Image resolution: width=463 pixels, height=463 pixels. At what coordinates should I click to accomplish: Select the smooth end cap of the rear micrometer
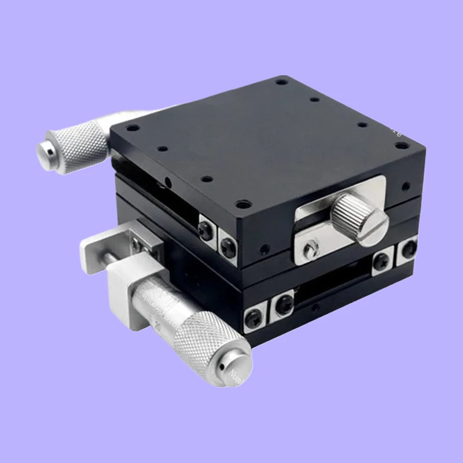pos(46,150)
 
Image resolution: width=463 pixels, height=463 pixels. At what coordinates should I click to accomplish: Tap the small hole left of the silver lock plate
pos(265,250)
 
